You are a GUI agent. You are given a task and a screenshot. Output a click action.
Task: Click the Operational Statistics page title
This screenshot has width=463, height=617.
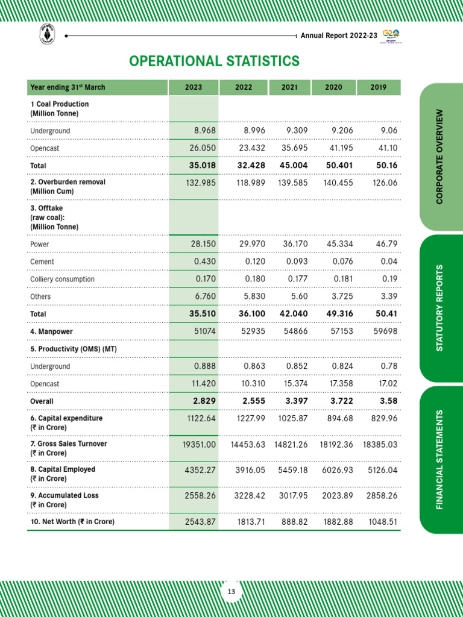(214, 61)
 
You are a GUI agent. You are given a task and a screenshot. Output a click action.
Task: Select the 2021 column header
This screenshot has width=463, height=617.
(289, 87)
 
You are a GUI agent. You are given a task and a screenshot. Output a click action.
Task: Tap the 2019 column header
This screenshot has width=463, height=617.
(379, 87)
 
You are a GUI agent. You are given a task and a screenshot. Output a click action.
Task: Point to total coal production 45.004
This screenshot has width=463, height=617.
(291, 165)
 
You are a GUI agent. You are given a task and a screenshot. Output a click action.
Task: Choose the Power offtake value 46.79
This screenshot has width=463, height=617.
(386, 244)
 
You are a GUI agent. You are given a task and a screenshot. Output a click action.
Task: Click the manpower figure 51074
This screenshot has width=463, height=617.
(203, 331)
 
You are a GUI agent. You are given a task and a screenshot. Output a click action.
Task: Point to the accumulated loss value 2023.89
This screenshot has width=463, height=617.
(335, 495)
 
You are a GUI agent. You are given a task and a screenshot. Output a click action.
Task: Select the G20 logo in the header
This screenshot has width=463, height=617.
(391, 35)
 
